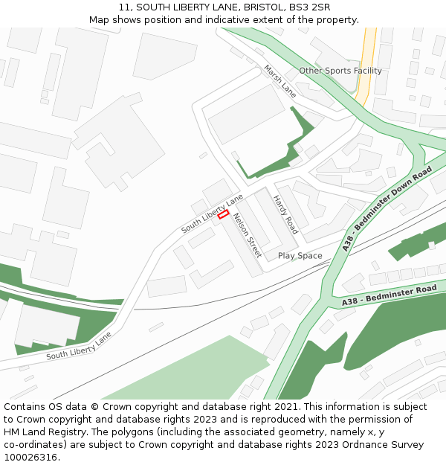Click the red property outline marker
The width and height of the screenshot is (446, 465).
[223, 214]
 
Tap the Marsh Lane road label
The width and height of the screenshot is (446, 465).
[279, 80]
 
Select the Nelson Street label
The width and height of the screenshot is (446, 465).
[248, 235]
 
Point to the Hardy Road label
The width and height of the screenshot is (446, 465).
[285, 215]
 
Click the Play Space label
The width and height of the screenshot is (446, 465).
[300, 256]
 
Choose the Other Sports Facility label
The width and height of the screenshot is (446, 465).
[340, 71]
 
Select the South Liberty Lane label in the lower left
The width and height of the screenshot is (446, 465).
[79, 346]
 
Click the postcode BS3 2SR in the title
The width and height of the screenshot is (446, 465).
[310, 7]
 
